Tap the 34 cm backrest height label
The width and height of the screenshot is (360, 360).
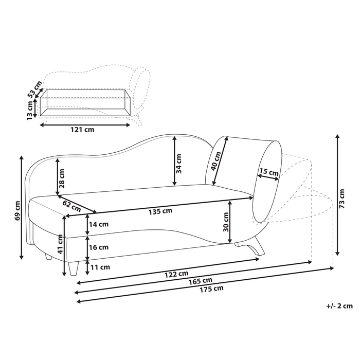[179, 162]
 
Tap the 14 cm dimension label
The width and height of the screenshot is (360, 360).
[99, 224]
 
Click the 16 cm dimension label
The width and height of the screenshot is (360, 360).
[99, 247]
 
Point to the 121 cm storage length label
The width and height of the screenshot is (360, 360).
[83, 130]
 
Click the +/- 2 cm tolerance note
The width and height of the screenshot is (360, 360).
[339, 306]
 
